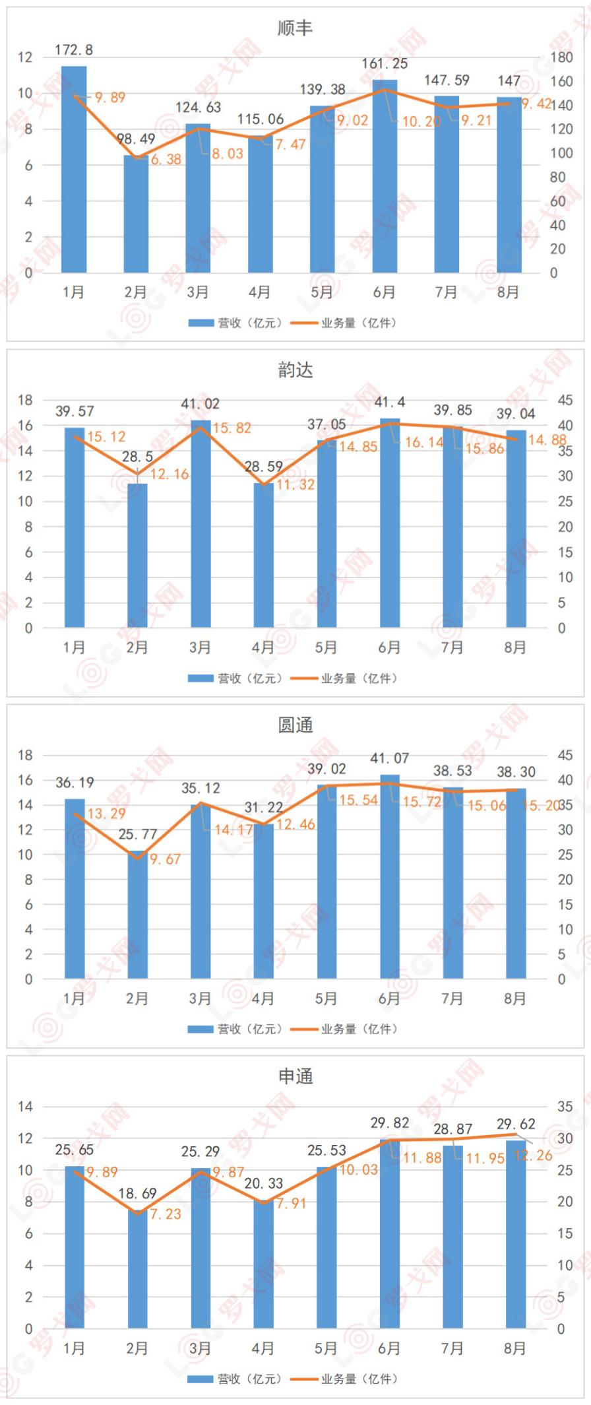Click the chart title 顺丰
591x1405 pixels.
pos(295,28)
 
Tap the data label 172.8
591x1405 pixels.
pos(73,50)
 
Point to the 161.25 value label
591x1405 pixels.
pos(385,64)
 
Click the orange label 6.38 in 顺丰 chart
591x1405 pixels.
pos(166,160)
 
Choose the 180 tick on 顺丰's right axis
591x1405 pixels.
pos(562,57)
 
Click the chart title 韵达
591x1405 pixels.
pos(295,370)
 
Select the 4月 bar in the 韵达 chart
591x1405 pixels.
pos(263,555)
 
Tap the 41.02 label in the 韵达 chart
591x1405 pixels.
pos(201,404)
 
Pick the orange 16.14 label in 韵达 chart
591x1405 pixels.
pos(423,442)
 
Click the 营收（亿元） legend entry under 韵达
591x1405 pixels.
pos(236,678)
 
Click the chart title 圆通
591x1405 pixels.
pos(295,725)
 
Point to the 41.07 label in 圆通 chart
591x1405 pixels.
pos(389,759)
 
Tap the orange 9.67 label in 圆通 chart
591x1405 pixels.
pos(165,859)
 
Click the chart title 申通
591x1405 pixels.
pos(295,1076)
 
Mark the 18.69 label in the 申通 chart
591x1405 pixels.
pos(137,1193)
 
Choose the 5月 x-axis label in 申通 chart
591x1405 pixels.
pos(326,1349)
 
